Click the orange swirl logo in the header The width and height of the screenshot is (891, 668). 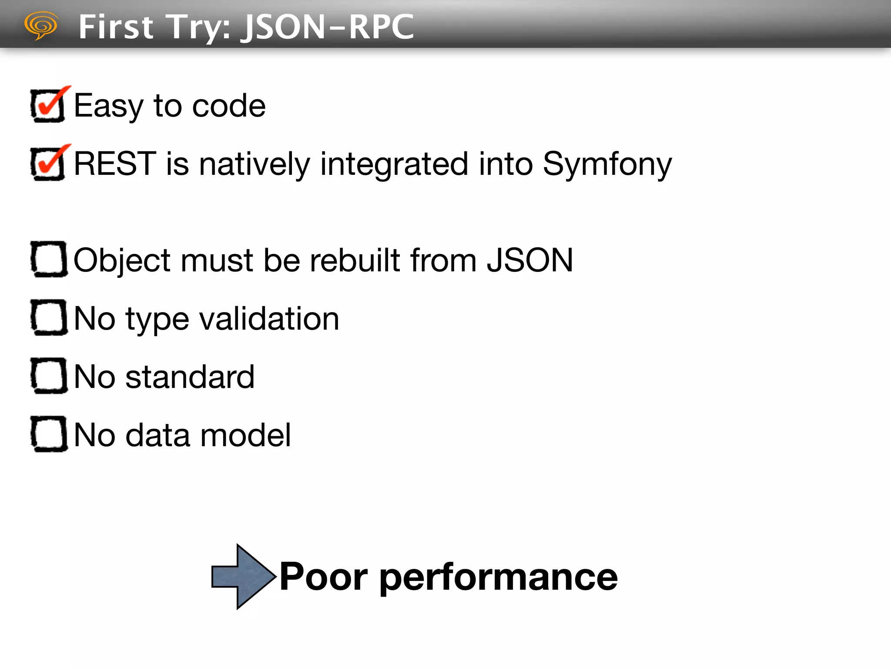41,25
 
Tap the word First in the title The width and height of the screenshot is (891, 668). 116,27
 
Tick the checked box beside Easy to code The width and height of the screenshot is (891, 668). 48,106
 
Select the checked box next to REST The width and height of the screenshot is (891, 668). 48,164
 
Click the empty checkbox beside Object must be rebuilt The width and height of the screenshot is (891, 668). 49,259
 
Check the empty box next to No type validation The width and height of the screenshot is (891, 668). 49,317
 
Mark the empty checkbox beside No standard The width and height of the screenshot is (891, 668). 49,376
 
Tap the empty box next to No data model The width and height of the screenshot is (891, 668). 49,434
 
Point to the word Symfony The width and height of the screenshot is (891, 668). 607,164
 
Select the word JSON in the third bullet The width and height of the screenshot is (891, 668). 530,260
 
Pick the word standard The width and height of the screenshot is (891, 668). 190,377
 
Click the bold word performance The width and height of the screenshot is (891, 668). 499,578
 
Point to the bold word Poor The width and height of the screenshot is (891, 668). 324,577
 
